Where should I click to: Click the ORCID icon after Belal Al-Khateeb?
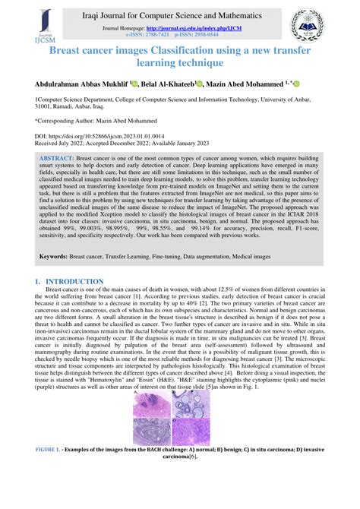[199, 83]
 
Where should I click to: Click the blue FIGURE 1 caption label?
[56, 450]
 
